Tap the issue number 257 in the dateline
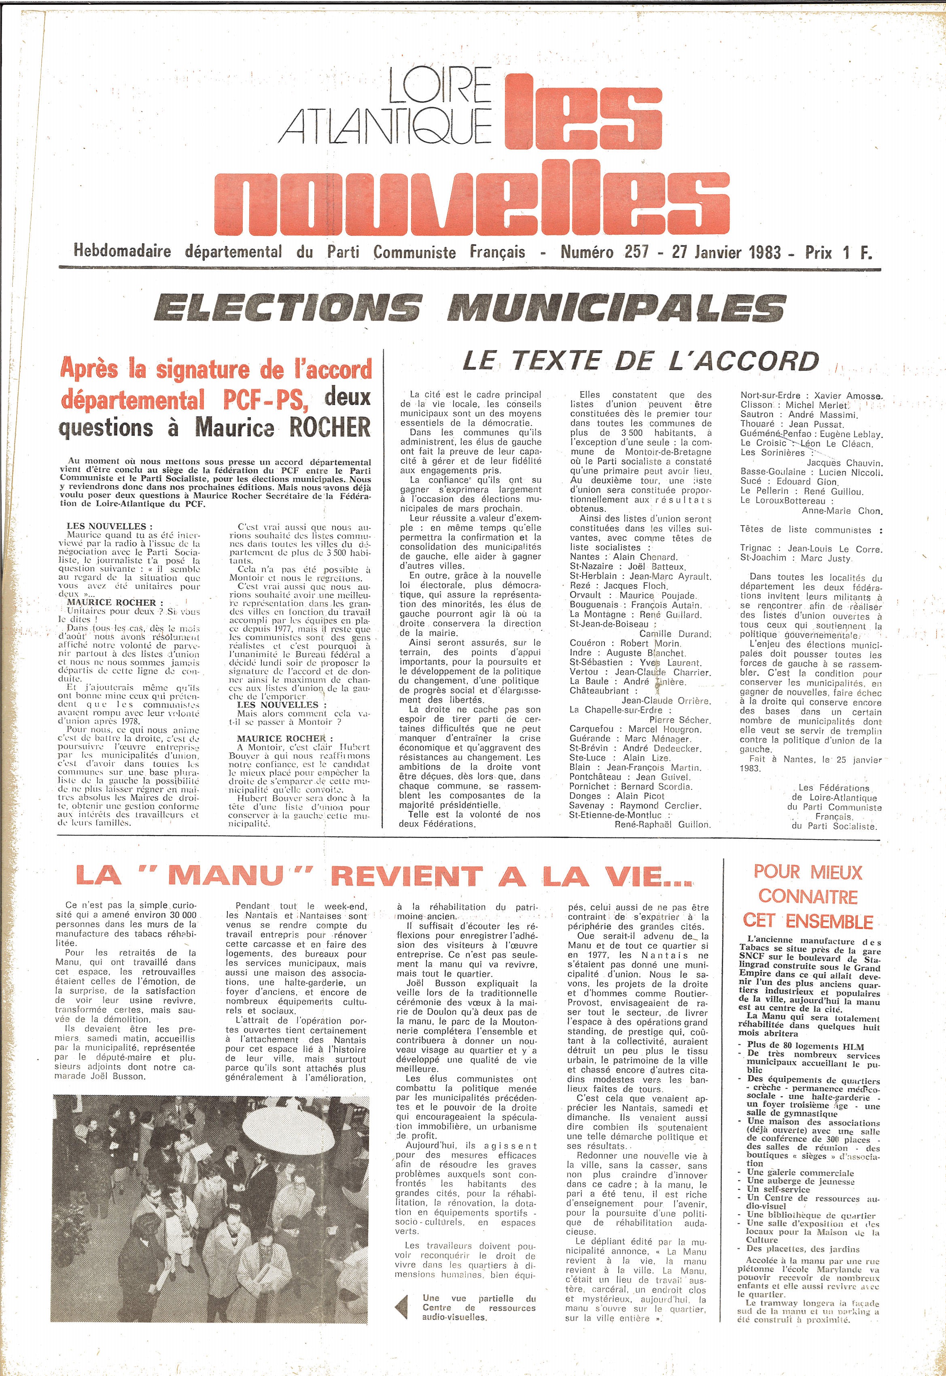[636, 252]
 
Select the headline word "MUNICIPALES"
[617, 309]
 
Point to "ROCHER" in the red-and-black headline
[329, 427]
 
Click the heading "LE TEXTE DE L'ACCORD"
[640, 361]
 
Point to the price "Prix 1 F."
[838, 252]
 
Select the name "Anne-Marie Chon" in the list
[842, 511]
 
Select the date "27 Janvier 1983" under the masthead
[726, 252]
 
